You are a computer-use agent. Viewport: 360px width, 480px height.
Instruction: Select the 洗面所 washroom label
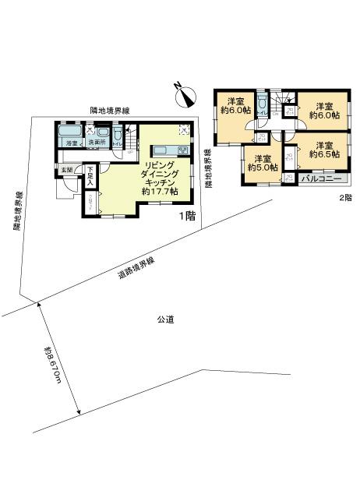95,144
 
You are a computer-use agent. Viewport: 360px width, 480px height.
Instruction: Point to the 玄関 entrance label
66,170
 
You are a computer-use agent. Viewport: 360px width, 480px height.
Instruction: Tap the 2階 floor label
344,198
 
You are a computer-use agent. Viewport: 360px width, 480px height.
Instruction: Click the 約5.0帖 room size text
263,166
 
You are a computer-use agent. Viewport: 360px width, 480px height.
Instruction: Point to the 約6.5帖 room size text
324,155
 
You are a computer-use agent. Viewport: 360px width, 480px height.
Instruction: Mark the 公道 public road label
164,319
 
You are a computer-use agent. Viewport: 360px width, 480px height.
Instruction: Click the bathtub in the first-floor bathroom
69,133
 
